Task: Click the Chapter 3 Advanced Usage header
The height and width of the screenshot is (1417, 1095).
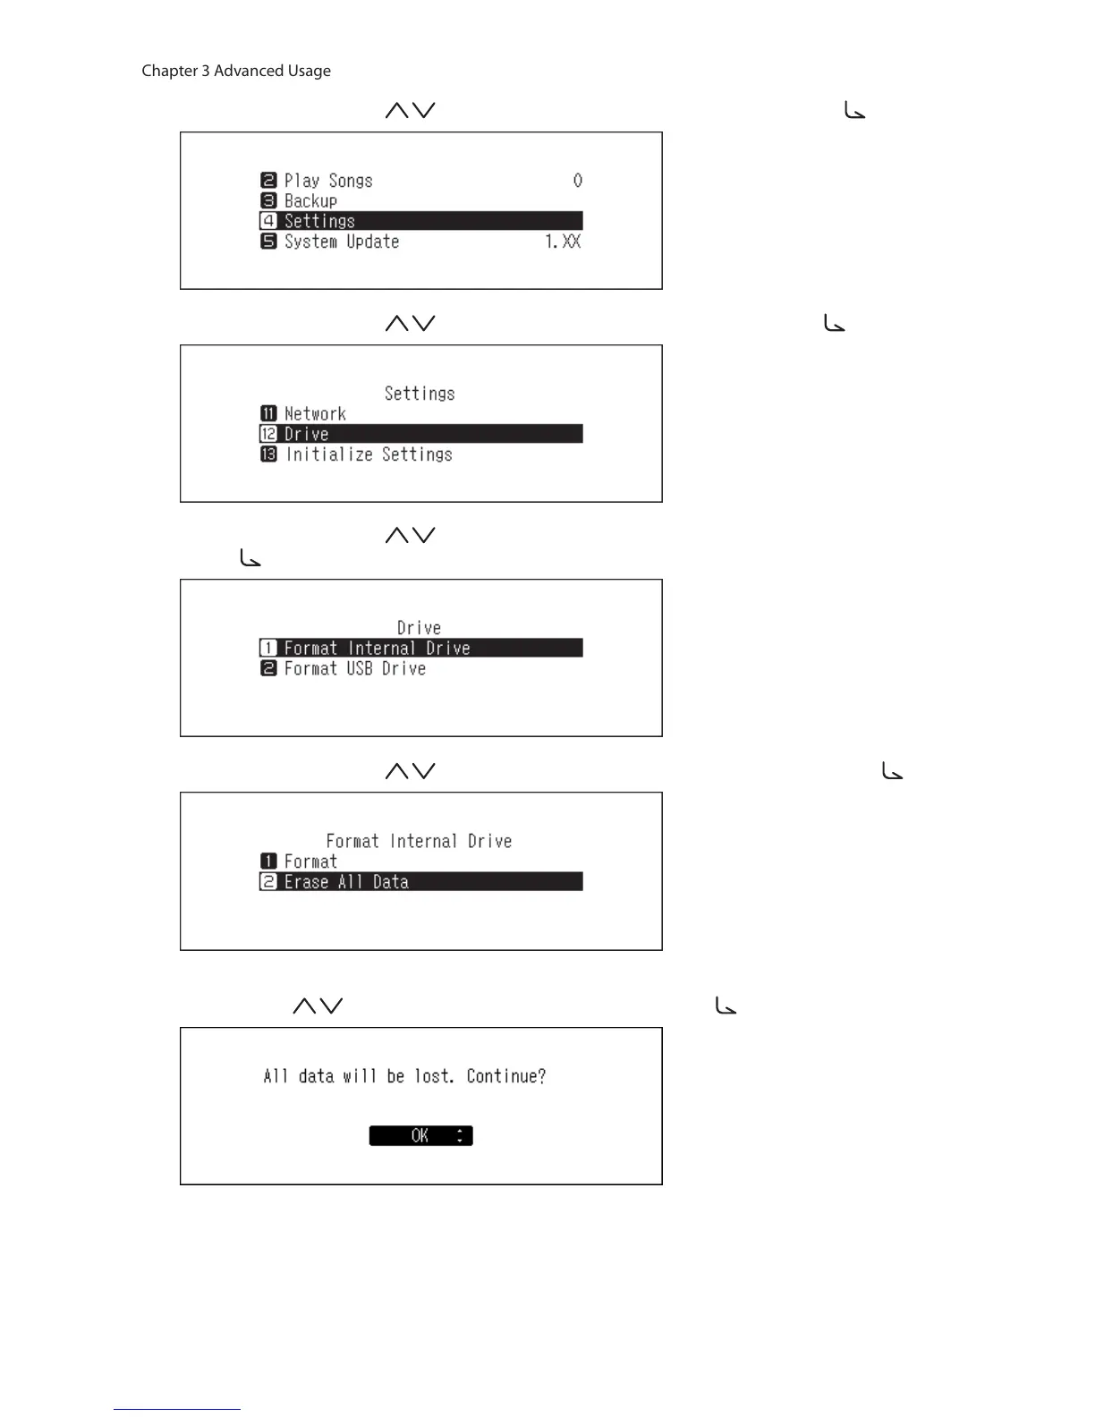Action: point(236,71)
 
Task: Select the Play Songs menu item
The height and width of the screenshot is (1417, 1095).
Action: point(327,181)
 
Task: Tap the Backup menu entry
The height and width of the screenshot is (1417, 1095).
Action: point(310,201)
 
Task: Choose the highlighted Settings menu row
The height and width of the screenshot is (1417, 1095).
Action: point(420,221)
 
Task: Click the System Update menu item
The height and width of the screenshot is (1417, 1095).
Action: point(341,242)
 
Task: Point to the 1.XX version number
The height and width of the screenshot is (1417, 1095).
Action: point(563,242)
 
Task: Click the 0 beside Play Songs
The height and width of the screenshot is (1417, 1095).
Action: point(578,181)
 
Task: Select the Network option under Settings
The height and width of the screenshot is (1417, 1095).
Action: point(315,414)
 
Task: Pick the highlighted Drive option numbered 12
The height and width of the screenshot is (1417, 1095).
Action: point(420,434)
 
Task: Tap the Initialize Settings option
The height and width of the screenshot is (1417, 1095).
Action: point(369,454)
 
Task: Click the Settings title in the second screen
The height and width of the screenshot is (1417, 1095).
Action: point(420,394)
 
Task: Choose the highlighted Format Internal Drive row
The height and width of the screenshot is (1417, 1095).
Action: point(420,648)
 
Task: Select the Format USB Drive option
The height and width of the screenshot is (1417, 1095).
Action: point(354,668)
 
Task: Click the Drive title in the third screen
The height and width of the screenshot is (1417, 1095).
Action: point(420,628)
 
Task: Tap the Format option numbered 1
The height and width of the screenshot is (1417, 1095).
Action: point(310,861)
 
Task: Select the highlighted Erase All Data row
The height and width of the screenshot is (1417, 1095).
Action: point(420,882)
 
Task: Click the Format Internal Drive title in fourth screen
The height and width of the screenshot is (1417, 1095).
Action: point(419,841)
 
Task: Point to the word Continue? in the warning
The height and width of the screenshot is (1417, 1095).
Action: point(506,1076)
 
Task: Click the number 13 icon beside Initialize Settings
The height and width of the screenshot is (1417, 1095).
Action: point(268,454)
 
